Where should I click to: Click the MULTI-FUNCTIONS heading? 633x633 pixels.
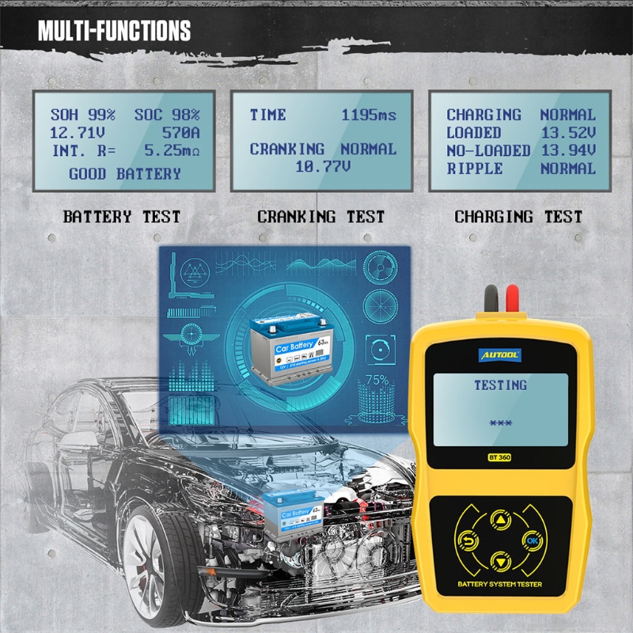[x=114, y=31]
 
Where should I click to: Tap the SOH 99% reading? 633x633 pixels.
[x=83, y=115]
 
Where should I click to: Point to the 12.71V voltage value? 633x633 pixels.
[x=77, y=133]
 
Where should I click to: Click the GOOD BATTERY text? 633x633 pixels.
[x=124, y=173]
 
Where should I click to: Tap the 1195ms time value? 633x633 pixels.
[x=369, y=115]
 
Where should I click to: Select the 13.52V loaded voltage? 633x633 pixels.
[x=568, y=133]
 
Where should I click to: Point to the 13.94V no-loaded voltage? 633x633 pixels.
[x=568, y=150]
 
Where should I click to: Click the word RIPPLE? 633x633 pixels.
[x=475, y=168]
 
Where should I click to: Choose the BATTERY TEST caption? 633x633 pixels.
[x=122, y=216]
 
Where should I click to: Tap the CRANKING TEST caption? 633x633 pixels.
[x=321, y=216]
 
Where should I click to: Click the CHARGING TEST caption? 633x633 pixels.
[x=518, y=216]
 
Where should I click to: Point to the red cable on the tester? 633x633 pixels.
[x=511, y=300]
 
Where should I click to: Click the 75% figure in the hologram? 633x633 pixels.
[x=377, y=381]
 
